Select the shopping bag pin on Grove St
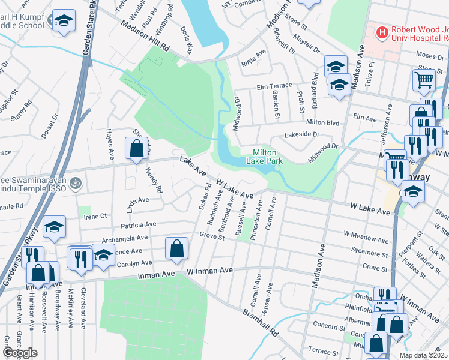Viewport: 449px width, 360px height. [176, 248]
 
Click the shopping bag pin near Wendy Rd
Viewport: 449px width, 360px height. [137, 148]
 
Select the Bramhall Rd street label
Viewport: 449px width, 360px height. [261, 322]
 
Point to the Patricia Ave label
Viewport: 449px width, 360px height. [138, 224]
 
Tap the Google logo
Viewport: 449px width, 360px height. [20, 353]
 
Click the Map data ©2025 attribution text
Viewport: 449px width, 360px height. [424, 355]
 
